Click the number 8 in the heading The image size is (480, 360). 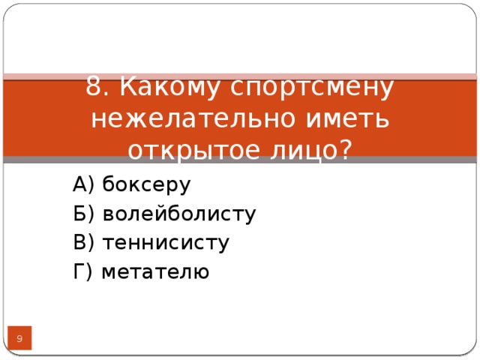point(94,88)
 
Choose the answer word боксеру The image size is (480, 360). point(146,184)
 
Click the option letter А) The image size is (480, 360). point(84,184)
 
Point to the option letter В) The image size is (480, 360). point(84,243)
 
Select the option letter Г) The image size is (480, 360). point(82,271)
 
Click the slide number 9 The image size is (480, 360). point(19,340)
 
